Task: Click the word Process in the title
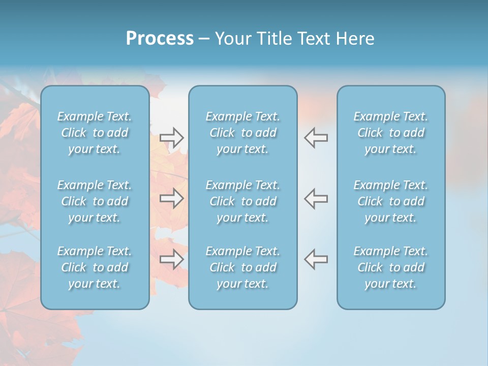tap(160, 39)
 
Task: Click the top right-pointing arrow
tap(171, 138)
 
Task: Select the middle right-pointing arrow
tap(171, 198)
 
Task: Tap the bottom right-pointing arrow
tap(171, 259)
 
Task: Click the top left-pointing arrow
tap(316, 138)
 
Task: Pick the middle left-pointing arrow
tap(316, 198)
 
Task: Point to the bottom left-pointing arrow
tap(316, 259)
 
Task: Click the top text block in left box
tap(95, 133)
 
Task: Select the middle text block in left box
tap(95, 201)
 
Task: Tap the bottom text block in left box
tap(95, 267)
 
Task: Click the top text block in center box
tap(243, 133)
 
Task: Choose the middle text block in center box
tap(243, 201)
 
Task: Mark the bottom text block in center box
tap(243, 267)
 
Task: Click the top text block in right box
tap(391, 133)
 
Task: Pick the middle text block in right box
tap(391, 201)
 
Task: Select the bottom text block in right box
tap(391, 267)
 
